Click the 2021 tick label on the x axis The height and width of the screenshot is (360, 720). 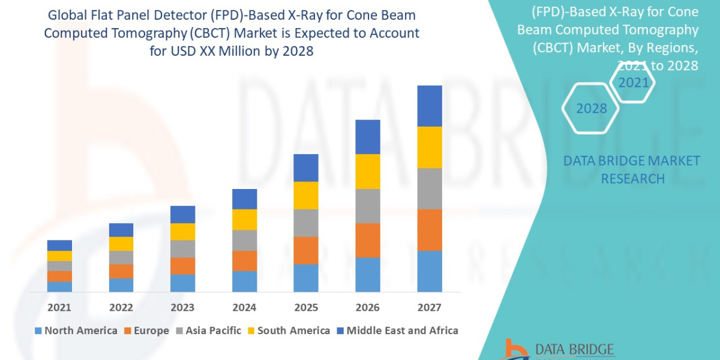click(59, 308)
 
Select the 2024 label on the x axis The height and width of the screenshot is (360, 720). click(244, 308)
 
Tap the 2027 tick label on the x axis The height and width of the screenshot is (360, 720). click(429, 308)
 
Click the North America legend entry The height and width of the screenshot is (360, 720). click(76, 331)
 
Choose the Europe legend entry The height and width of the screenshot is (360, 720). click(148, 331)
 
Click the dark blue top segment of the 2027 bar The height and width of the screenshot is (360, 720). click(430, 106)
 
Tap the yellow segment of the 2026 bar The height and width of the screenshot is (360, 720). click(368, 172)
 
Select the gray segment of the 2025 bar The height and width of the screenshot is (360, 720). click(306, 223)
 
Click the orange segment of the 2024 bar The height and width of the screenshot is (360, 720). click(244, 260)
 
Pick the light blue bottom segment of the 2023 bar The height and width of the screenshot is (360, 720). click(182, 283)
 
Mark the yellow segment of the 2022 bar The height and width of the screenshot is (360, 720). click(121, 244)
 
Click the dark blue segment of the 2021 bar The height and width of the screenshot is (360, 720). click(59, 245)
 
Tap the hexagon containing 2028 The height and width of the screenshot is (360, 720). click(592, 109)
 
